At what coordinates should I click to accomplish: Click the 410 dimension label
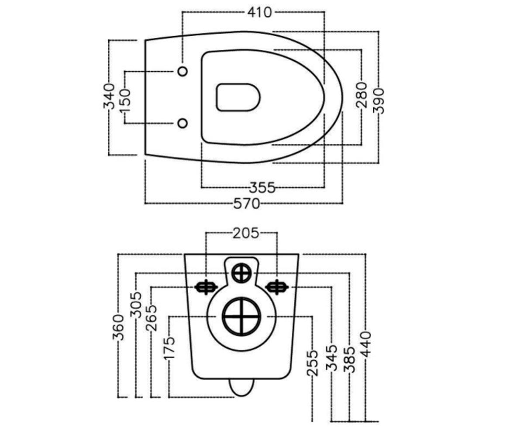point(259,12)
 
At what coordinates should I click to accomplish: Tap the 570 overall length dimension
point(247,204)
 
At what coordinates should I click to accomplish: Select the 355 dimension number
point(262,187)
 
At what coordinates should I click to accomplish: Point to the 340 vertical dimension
point(109,97)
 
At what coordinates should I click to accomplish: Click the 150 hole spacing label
point(125,101)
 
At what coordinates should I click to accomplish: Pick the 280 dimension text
point(362,95)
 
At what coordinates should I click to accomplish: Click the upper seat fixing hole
point(183,71)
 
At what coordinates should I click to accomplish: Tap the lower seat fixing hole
point(183,123)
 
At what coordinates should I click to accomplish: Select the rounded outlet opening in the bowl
point(238,97)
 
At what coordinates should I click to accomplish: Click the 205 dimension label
point(245,233)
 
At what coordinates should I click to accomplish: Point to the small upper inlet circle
point(241,273)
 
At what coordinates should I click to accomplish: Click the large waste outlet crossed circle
point(241,317)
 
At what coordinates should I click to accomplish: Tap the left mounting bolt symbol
point(206,287)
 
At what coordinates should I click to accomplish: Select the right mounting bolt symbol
point(277,287)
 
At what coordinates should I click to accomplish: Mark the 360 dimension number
point(118,327)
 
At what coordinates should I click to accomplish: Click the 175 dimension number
point(169,348)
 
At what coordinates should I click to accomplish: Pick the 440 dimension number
point(365,344)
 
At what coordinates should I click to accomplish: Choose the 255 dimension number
point(313,363)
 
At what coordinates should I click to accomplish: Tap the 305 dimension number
point(136,305)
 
